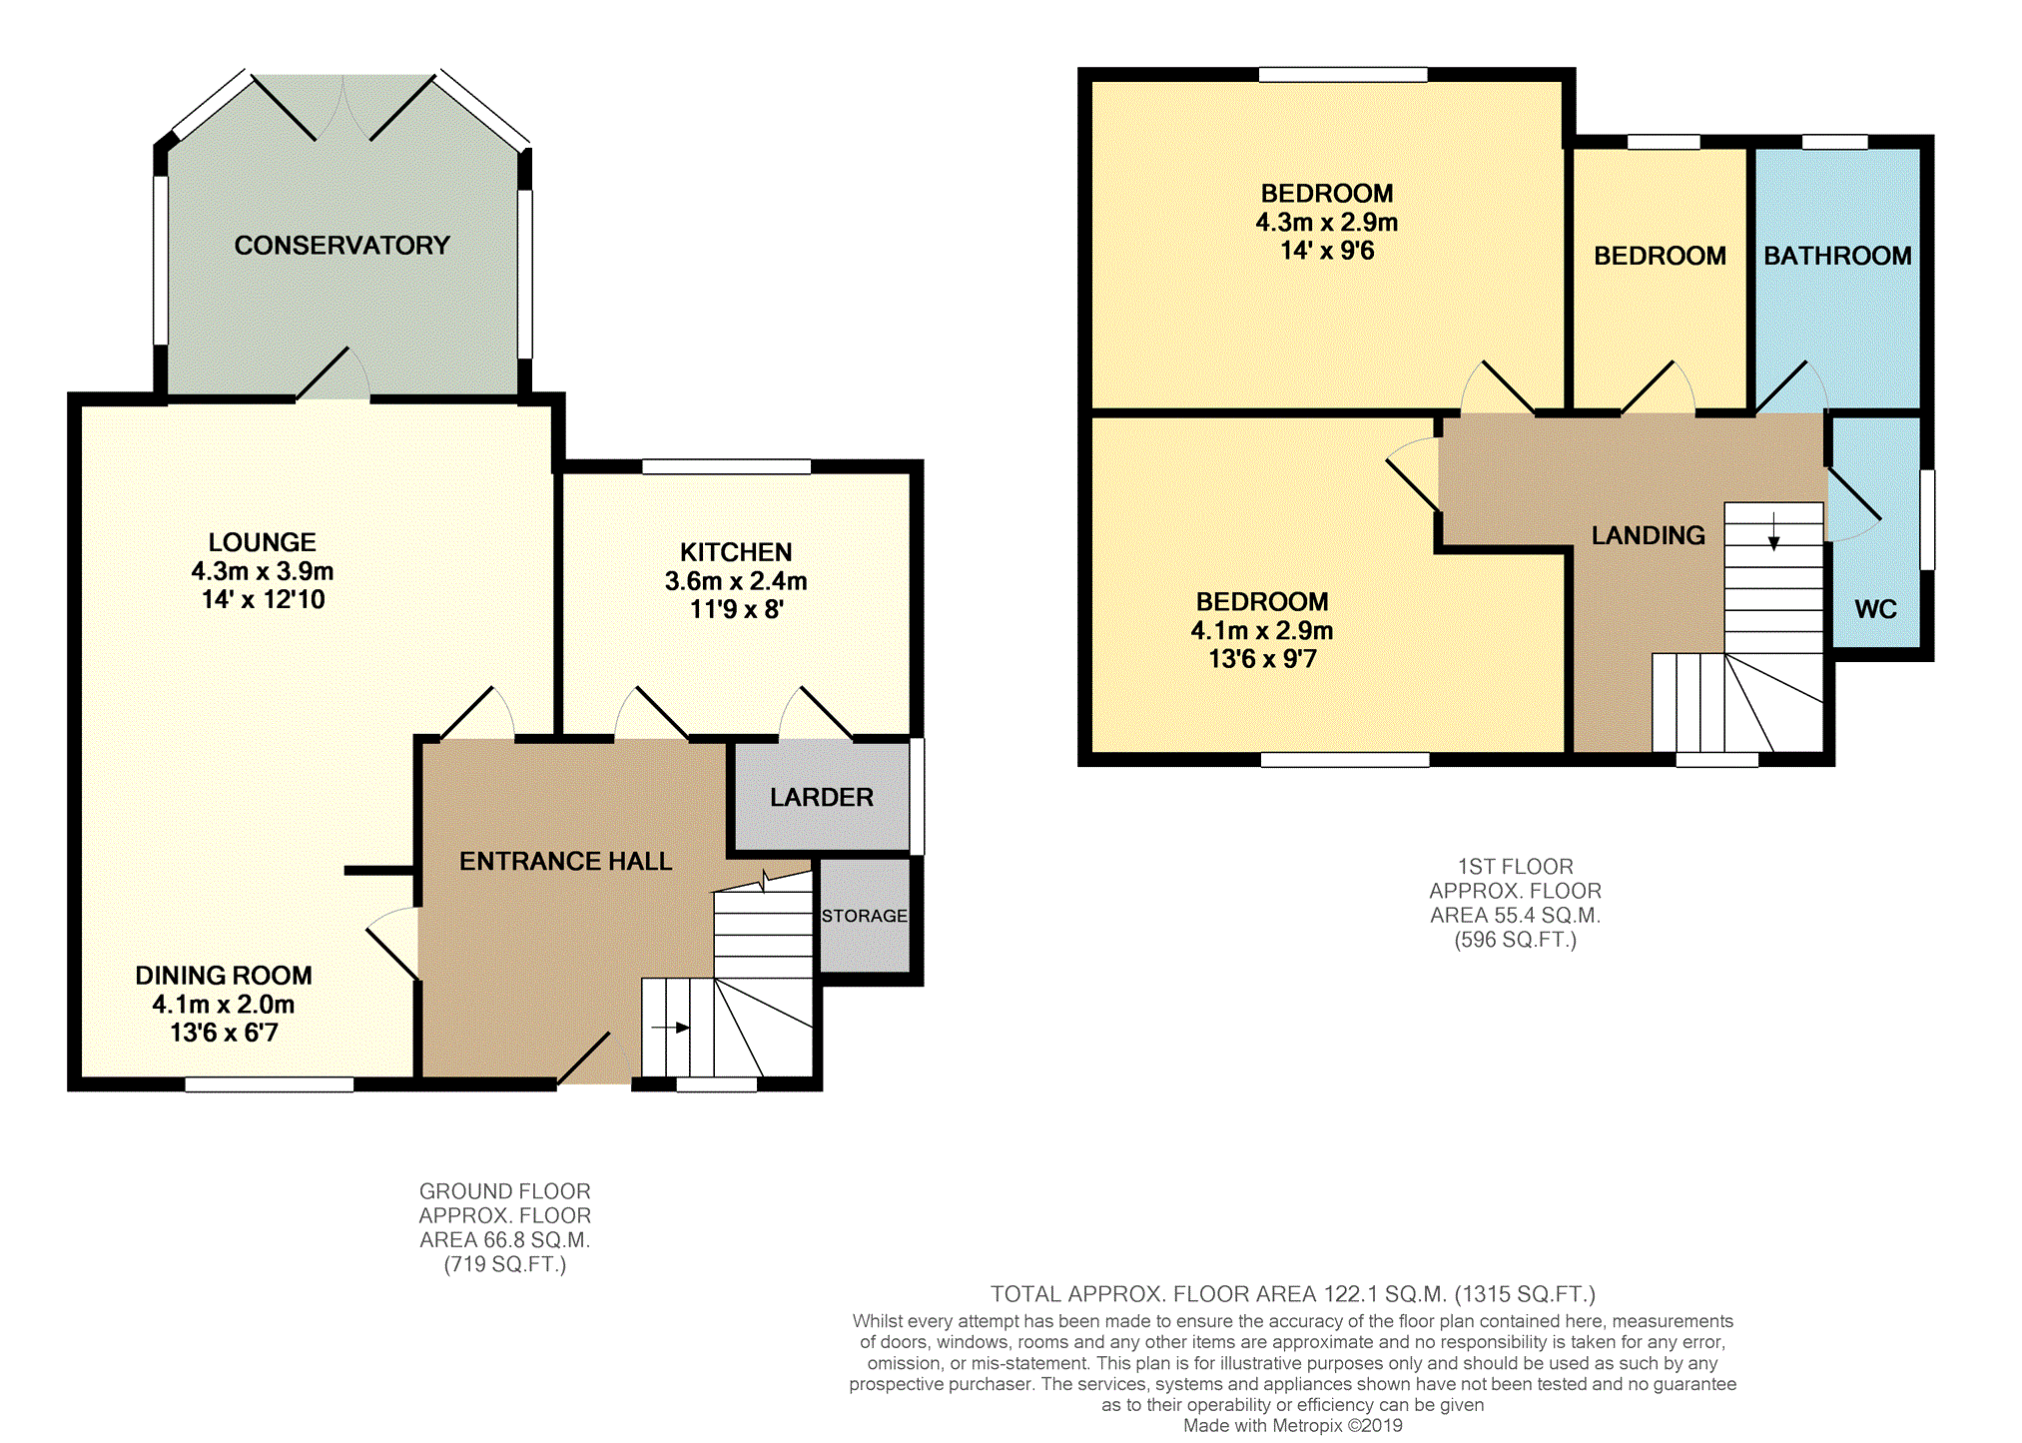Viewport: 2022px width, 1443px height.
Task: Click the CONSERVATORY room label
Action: [341, 246]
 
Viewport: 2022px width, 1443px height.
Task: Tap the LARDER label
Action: [821, 797]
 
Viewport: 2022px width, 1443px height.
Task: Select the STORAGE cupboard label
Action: [864, 916]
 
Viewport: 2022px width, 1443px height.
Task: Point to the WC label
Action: [1875, 609]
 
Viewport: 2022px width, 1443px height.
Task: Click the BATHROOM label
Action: [1836, 256]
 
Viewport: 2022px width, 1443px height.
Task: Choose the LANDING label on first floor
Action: [1648, 535]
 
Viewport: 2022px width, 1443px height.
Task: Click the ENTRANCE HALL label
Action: [565, 861]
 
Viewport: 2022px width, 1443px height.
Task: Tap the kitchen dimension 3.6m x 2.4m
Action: [736, 581]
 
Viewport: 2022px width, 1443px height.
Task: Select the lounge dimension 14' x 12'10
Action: [263, 599]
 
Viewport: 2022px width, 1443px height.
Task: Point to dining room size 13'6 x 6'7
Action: [224, 1033]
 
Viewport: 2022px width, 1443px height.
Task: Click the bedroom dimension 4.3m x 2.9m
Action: [1326, 222]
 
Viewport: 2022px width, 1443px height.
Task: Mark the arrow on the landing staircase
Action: [1773, 531]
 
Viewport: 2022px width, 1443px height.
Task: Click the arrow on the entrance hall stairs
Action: [670, 1027]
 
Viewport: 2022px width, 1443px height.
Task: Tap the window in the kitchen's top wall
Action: [726, 466]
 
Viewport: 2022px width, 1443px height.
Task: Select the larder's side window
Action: [917, 796]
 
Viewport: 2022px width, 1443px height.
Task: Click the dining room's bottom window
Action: [270, 1084]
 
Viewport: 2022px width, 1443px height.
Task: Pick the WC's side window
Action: [1927, 519]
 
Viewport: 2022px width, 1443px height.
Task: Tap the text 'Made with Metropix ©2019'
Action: [1292, 1426]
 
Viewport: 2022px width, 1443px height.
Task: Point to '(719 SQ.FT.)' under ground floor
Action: [504, 1264]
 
